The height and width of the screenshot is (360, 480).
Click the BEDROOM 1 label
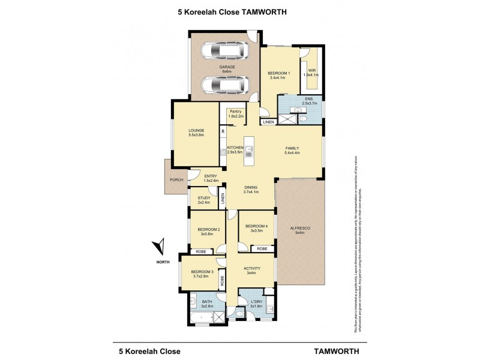click(279, 73)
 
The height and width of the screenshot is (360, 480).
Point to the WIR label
click(312, 71)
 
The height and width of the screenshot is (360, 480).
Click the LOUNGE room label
click(196, 130)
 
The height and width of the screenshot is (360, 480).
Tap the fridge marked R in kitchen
click(223, 131)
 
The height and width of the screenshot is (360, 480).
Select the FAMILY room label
click(292, 148)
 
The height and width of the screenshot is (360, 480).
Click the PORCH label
click(176, 179)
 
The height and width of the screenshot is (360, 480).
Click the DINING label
click(251, 187)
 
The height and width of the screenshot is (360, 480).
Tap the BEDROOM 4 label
click(257, 226)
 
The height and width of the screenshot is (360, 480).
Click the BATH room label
click(207, 302)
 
